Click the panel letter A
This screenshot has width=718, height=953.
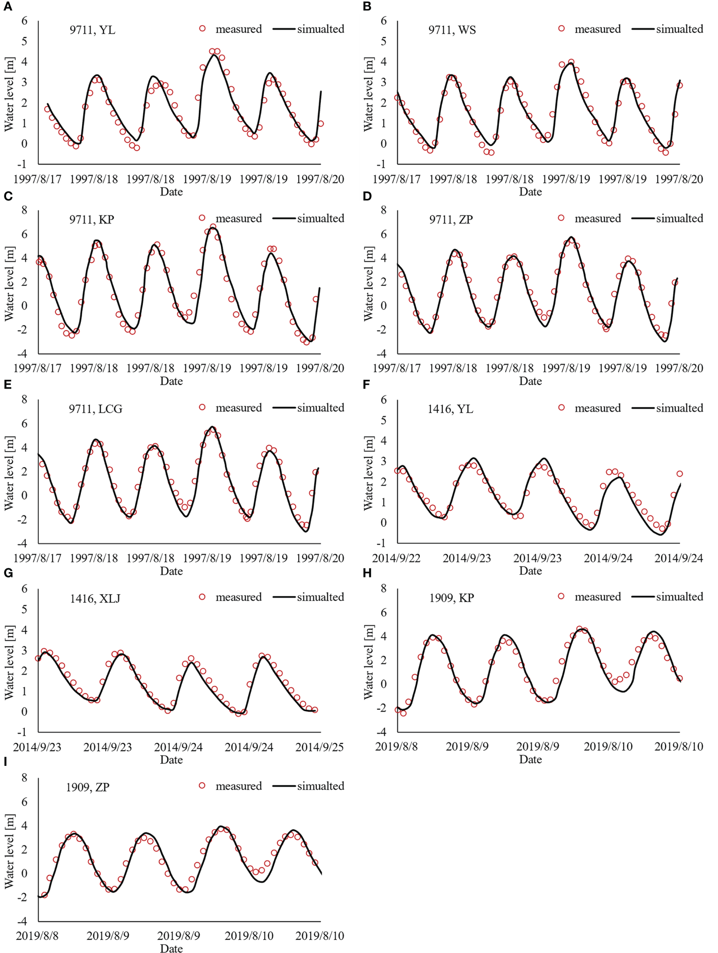(7, 7)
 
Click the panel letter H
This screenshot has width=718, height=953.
(367, 573)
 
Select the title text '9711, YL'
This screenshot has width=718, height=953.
(92, 30)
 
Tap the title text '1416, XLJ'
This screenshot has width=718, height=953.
(95, 598)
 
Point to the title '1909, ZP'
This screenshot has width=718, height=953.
(88, 787)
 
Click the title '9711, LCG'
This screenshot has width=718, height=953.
(96, 409)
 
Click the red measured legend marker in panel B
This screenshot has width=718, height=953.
(561, 29)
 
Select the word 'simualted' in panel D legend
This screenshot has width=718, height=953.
(679, 218)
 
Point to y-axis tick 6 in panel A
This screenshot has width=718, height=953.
(24, 21)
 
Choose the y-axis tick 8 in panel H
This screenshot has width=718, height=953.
(383, 588)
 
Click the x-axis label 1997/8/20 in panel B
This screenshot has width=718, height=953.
(678, 179)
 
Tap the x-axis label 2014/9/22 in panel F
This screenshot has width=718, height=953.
(396, 558)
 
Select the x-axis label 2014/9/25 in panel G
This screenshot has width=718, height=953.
(319, 747)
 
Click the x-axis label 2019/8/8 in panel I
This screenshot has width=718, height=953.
(37, 936)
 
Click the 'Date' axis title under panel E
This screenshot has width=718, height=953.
(171, 570)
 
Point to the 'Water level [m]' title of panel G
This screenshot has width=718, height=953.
(9, 662)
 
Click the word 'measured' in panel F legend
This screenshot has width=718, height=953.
(597, 408)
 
